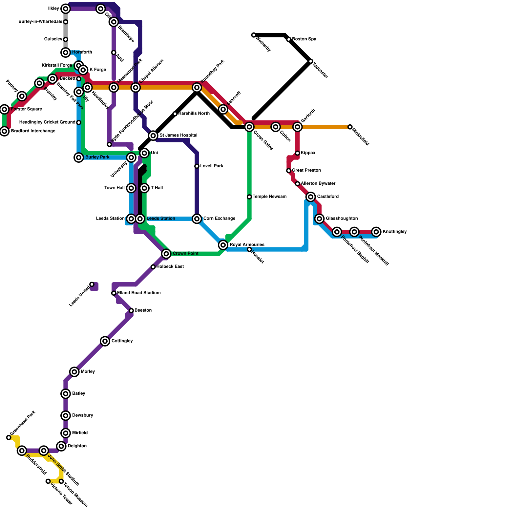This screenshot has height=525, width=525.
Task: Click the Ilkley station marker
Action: click(66, 9)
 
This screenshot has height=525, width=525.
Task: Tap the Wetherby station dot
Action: click(254, 35)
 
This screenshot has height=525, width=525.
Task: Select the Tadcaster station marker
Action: click(311, 61)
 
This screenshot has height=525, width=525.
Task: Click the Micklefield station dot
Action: click(350, 127)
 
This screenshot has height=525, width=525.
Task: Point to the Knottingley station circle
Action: click(376, 232)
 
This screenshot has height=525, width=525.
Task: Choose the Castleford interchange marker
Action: click(311, 197)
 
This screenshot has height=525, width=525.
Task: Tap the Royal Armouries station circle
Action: click(223, 245)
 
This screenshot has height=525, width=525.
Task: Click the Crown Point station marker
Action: click(166, 254)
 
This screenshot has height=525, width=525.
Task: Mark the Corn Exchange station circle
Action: click(197, 219)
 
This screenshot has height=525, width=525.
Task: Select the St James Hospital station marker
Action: click(153, 136)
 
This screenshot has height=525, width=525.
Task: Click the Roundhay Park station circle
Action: click(197, 87)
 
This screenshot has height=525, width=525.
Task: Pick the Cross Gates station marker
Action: click(249, 127)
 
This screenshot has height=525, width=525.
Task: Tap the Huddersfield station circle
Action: click(22, 451)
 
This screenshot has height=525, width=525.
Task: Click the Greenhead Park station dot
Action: click(9, 437)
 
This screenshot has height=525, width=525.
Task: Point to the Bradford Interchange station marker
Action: click(4, 131)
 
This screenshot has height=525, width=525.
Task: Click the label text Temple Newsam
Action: click(270, 197)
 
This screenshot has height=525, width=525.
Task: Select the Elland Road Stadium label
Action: click(139, 293)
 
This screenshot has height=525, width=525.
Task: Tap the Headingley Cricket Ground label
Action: click(47, 122)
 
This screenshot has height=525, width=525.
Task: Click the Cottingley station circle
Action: click(105, 341)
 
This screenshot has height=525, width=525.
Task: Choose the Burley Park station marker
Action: click(79, 157)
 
